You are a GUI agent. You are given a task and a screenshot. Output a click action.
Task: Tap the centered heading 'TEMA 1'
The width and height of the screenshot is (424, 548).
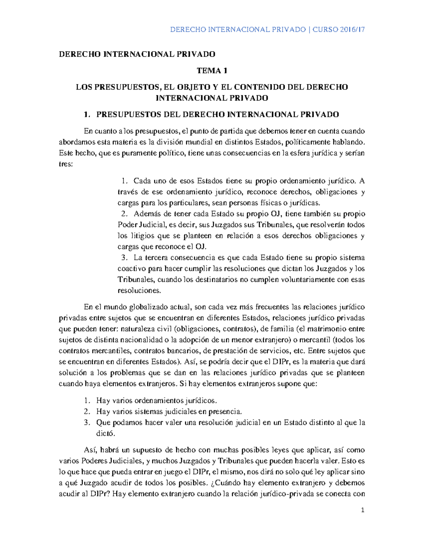pyautogui.click(x=212, y=71)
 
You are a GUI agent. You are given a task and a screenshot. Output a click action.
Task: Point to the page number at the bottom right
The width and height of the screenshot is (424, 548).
pyautogui.click(x=362, y=510)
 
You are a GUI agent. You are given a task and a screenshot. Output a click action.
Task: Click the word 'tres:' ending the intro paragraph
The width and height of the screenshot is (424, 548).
pyautogui.click(x=65, y=164)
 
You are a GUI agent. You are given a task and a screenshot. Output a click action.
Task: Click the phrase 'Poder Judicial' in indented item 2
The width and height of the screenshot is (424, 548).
pyautogui.click(x=138, y=225)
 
